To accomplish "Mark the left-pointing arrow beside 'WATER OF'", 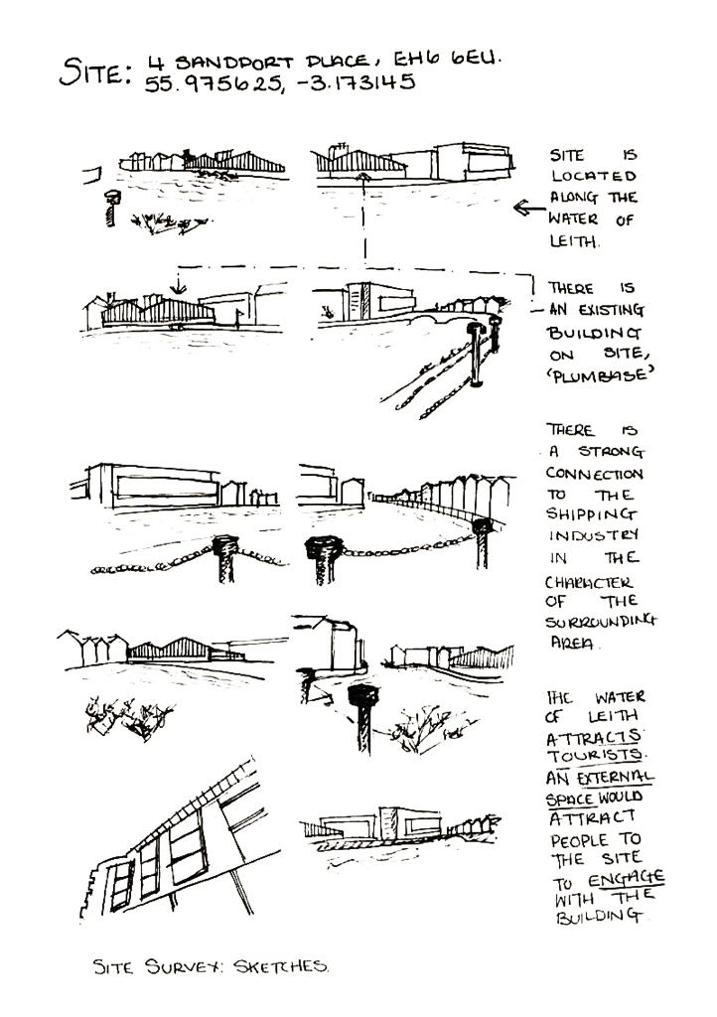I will tap(527, 208).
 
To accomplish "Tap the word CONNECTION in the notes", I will tap(595, 473).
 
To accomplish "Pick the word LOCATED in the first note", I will tap(594, 176).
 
